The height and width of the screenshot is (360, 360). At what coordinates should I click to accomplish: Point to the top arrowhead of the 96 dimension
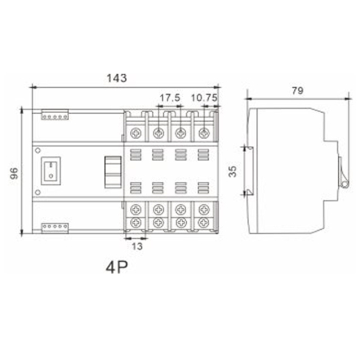pos(24,108)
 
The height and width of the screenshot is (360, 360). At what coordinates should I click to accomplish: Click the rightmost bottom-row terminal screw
pos(199,220)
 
